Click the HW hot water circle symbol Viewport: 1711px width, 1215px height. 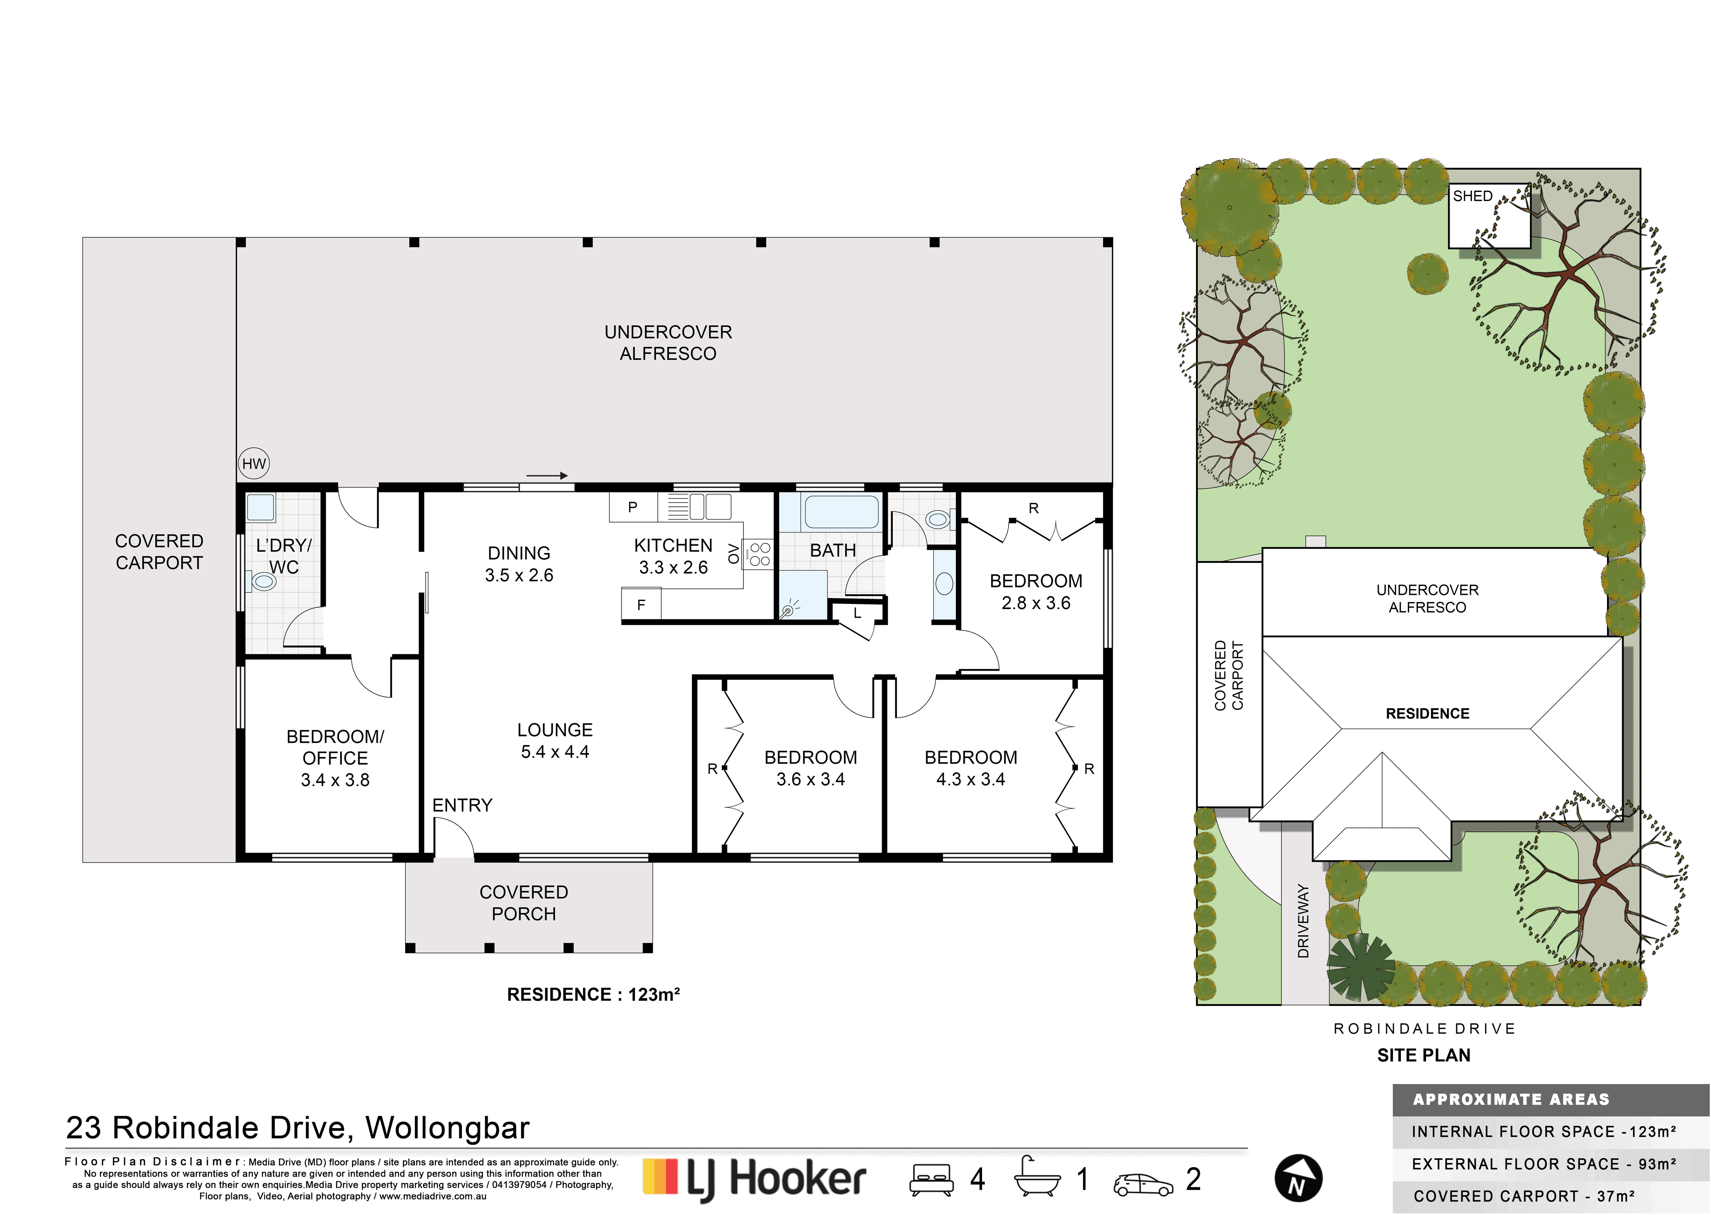(x=254, y=464)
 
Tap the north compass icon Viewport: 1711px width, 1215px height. (x=1298, y=1178)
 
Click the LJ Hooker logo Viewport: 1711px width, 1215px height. (x=754, y=1180)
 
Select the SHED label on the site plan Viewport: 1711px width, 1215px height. (x=1472, y=196)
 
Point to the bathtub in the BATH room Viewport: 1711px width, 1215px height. (x=841, y=512)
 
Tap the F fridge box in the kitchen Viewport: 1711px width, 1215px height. (x=641, y=605)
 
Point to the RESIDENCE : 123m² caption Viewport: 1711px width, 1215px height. (x=593, y=994)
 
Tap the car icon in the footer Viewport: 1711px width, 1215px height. (x=1143, y=1184)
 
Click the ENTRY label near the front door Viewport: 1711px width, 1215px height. (x=462, y=805)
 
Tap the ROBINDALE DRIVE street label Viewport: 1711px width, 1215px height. (x=1424, y=1029)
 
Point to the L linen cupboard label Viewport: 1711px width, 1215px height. (x=857, y=613)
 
